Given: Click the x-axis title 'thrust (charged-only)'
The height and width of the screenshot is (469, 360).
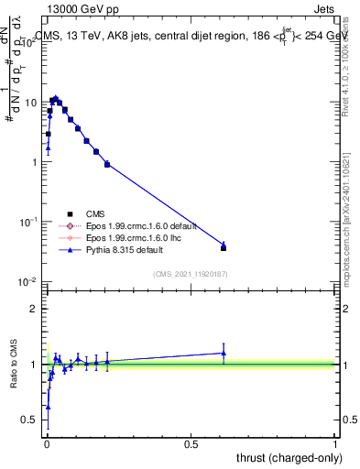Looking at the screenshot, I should tap(289, 457).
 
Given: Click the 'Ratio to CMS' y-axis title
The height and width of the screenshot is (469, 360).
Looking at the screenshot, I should tap(14, 365).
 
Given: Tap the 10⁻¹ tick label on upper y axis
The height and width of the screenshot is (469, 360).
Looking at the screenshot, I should tap(29, 222).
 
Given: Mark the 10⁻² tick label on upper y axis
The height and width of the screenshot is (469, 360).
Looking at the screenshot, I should tap(29, 281).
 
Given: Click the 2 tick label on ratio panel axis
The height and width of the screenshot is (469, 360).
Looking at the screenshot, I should tap(35, 309).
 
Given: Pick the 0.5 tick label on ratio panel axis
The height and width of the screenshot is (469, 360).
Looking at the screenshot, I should tap(31, 420).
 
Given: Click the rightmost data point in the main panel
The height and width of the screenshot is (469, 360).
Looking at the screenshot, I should tap(224, 246).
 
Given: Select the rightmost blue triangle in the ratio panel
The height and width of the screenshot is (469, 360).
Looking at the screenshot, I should tap(224, 353).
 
